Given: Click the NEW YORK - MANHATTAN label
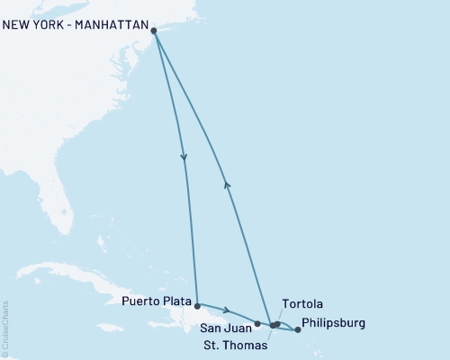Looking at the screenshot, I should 75,25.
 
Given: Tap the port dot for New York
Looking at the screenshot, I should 154,31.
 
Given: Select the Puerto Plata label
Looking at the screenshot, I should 155,303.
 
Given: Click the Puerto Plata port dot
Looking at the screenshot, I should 197,306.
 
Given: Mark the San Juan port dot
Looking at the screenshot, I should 257,323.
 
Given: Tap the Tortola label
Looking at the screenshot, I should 301,304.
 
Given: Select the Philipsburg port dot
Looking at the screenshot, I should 298,330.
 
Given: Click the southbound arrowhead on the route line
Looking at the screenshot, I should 184,159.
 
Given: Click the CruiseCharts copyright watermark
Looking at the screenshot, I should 5,328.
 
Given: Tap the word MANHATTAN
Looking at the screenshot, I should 110,25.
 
